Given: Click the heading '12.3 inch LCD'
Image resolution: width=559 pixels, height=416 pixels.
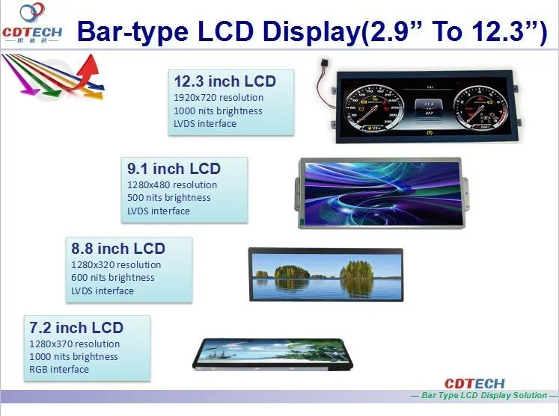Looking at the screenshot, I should point(224,81).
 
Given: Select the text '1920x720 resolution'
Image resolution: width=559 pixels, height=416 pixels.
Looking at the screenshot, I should point(219,98).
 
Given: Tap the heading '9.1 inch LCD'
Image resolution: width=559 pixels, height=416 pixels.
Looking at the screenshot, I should point(174,168).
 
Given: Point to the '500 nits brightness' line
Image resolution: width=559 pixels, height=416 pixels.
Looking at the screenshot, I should point(169,198).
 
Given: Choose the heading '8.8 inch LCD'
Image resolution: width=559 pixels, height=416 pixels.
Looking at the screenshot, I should point(117,249).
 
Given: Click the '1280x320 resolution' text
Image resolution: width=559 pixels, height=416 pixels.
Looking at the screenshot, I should point(116,264).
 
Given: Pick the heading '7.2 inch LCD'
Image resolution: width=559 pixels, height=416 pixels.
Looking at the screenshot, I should point(76,328).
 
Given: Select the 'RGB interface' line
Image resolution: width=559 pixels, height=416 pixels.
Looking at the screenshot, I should point(59,369).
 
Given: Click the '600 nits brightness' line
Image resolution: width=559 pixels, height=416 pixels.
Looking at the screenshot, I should point(113,278).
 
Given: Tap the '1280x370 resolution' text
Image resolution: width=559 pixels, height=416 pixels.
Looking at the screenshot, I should point(74,344).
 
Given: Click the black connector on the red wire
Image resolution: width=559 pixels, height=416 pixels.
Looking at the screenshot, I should point(326,60).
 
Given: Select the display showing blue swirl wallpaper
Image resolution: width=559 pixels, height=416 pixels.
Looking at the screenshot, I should point(379,192).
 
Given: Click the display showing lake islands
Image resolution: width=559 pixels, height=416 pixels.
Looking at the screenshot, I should point(326,274).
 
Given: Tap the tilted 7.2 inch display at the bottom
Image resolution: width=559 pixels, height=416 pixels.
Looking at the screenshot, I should point(272,353).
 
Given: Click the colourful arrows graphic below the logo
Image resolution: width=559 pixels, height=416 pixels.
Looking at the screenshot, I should point(52,79).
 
